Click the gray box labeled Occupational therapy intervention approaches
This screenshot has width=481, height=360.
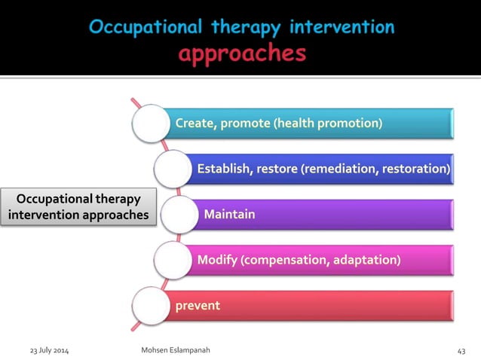click(79, 207)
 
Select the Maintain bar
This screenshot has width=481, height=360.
click(317, 215)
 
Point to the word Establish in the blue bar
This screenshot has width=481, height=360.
click(224, 169)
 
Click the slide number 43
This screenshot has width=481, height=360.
click(461, 351)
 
